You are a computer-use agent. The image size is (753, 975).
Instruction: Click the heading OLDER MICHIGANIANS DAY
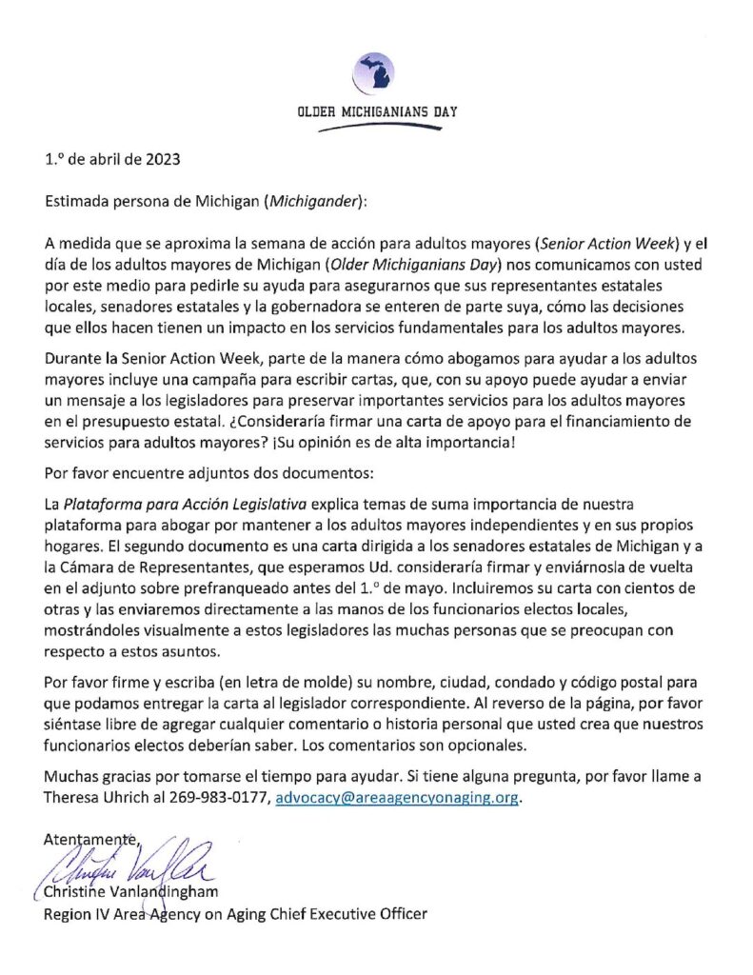pyautogui.click(x=377, y=111)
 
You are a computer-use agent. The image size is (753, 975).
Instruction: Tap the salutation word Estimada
pyautogui.click(x=79, y=201)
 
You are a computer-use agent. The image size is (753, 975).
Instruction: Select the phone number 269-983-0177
pyautogui.click(x=226, y=798)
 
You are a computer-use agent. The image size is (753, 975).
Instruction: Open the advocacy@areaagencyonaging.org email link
pyautogui.click(x=397, y=798)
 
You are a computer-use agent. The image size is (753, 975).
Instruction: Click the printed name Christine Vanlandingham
pyautogui.click(x=131, y=893)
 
